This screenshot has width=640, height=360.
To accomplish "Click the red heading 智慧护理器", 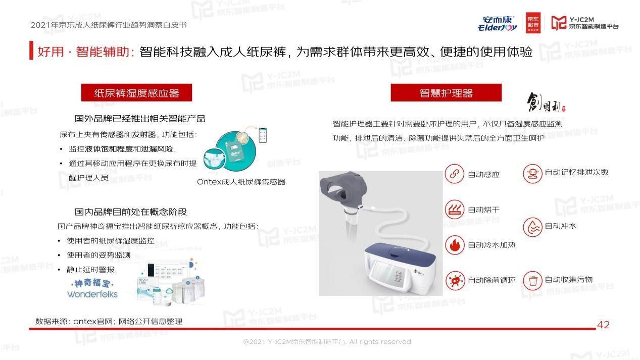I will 446,93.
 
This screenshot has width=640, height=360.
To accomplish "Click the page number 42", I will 603,325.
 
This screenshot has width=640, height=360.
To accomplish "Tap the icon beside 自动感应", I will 454,174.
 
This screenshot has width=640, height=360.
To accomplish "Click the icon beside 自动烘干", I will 454,209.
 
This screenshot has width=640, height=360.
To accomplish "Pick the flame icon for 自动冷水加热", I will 454,245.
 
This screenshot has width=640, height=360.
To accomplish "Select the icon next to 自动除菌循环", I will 454,280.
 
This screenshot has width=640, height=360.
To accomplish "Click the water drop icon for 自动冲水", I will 532,226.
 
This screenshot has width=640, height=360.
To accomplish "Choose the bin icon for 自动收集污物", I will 532,280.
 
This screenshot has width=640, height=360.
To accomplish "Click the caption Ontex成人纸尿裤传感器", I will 241,182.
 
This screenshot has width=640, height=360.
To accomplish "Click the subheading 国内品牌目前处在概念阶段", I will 131,212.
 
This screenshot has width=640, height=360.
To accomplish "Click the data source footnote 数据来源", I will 109,321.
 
